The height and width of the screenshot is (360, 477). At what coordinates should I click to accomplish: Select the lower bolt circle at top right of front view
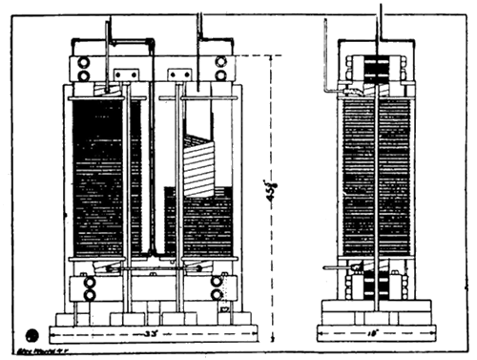point(221,74)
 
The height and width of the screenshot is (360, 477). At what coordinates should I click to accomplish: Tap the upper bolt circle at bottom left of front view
point(89,283)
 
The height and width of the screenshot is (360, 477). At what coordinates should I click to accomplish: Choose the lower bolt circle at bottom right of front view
point(217,294)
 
